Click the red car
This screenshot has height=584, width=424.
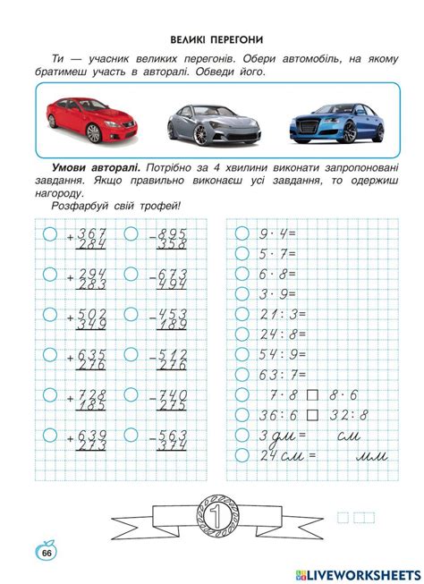click(x=87, y=119)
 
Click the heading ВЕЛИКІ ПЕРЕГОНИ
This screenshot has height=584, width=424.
click(x=213, y=40)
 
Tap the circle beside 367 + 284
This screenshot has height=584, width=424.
click(x=49, y=233)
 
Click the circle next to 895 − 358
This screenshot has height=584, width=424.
click(x=131, y=233)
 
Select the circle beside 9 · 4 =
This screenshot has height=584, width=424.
click(x=241, y=233)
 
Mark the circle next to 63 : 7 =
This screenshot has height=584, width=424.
click(x=241, y=374)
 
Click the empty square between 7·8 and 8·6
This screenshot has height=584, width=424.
click(x=312, y=394)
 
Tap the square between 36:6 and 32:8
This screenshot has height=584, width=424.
click(x=312, y=414)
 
